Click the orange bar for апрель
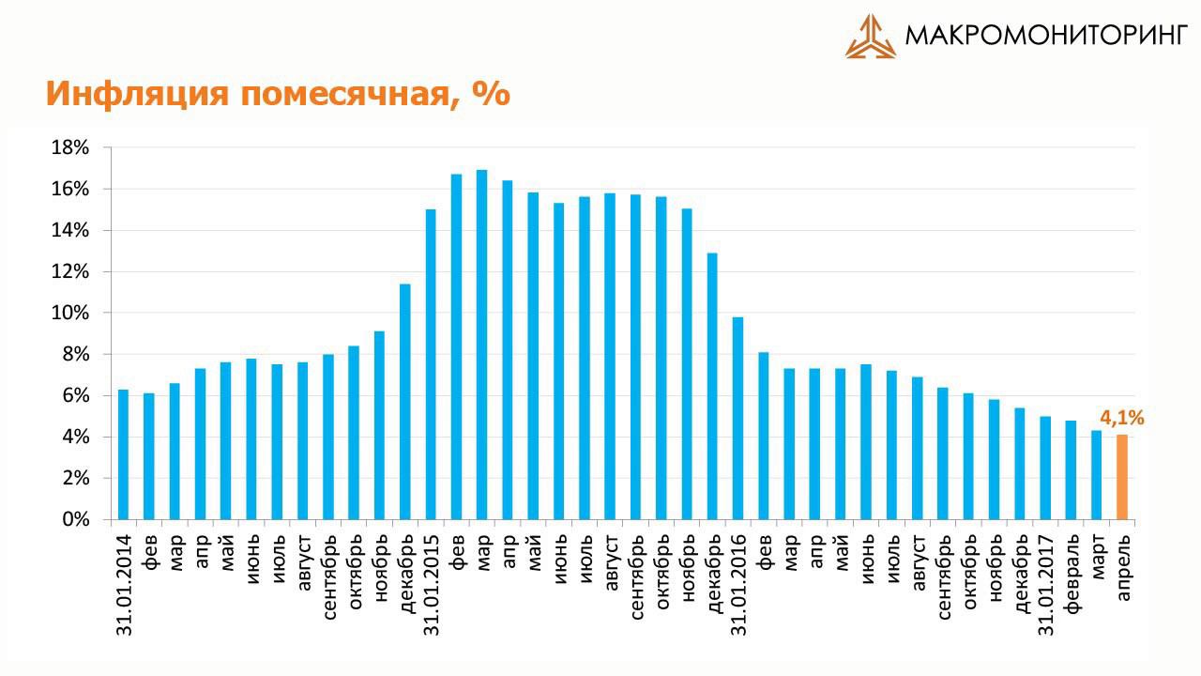1121,477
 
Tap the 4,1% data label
1121,419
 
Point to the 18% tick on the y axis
70,147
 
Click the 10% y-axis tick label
70,313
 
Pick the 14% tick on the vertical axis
70,230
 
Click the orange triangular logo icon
871,37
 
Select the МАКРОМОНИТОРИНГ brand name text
1046,37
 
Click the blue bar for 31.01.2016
737,418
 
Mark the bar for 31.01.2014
123,454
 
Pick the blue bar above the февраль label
1071,469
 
